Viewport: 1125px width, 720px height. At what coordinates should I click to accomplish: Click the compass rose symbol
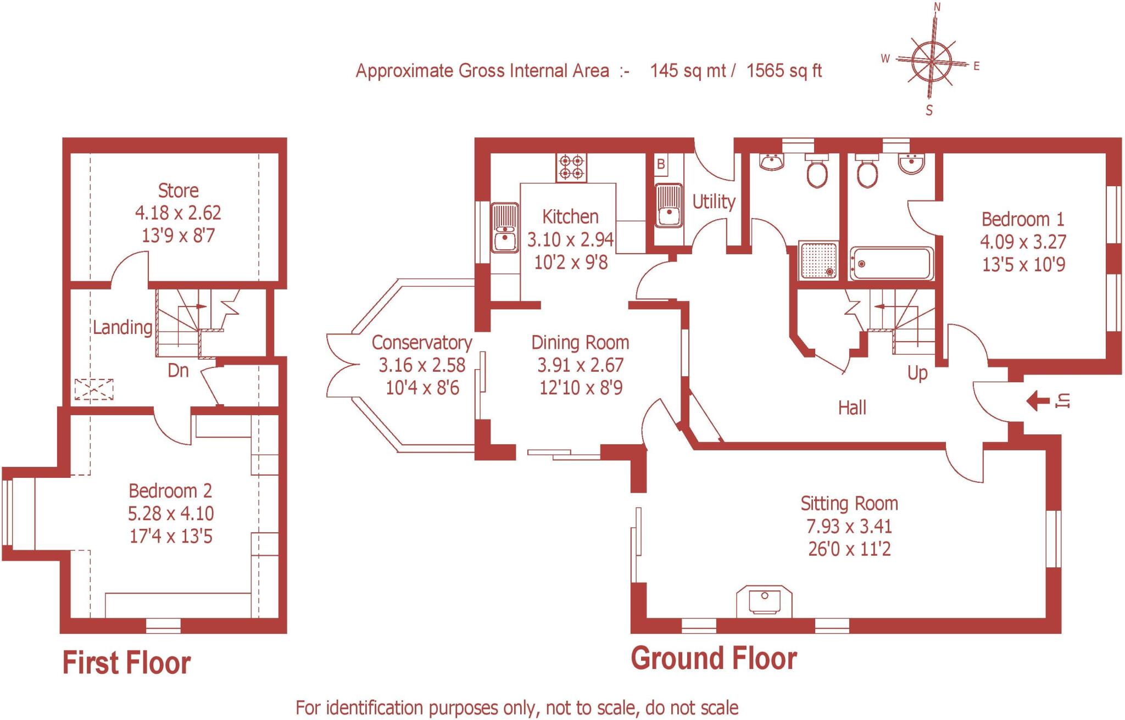pos(932,60)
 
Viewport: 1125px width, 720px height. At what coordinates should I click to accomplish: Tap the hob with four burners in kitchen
pos(571,167)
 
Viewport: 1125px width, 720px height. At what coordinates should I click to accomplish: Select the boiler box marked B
pos(661,164)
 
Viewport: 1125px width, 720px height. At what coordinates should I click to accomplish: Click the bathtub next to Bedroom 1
pos(890,264)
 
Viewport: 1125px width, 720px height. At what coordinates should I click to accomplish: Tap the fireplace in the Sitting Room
pos(764,601)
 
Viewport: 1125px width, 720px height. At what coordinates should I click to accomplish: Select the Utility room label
pos(714,202)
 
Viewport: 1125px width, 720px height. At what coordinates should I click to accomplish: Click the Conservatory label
pos(422,343)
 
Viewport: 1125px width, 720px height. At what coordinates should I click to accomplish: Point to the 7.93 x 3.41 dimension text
pos(849,526)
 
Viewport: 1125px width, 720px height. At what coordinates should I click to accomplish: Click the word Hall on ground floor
pos(852,408)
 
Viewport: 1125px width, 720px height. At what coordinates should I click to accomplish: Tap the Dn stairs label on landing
pos(178,371)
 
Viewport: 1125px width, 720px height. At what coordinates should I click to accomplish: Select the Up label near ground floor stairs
pos(917,373)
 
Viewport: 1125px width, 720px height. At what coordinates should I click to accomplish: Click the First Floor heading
pos(126,663)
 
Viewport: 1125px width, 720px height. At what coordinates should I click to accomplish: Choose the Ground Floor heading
pos(714,658)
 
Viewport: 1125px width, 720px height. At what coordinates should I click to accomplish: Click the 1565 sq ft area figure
pos(784,71)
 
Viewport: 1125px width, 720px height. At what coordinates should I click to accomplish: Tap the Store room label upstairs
pos(178,191)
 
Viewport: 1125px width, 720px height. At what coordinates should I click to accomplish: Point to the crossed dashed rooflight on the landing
pos(94,389)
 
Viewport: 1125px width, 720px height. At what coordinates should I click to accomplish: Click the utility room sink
pos(669,205)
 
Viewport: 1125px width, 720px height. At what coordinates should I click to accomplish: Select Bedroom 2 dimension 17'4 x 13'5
pos(171,536)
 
